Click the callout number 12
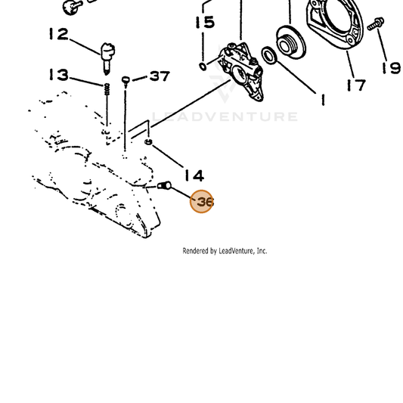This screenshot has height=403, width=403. point(59,34)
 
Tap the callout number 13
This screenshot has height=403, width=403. point(59,75)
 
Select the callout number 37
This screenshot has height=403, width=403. point(160,76)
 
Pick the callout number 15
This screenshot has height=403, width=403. point(205,22)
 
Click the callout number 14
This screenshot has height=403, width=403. point(194,176)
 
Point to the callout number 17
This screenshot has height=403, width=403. point(356,85)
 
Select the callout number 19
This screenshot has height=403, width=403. point(391,68)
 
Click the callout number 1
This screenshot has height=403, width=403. point(323,100)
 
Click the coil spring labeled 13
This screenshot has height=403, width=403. point(107,89)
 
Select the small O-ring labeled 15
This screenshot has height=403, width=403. point(203,67)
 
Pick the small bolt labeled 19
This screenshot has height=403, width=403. point(376,23)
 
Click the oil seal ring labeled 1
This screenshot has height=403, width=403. point(269,56)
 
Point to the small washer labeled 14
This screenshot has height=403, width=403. point(148,141)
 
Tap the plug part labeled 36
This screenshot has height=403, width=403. point(164,185)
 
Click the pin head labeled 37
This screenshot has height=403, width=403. point(126,79)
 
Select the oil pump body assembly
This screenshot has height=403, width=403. point(241,72)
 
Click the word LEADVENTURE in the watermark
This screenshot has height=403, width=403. point(225,116)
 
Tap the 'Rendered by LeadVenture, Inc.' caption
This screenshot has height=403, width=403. point(225,251)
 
